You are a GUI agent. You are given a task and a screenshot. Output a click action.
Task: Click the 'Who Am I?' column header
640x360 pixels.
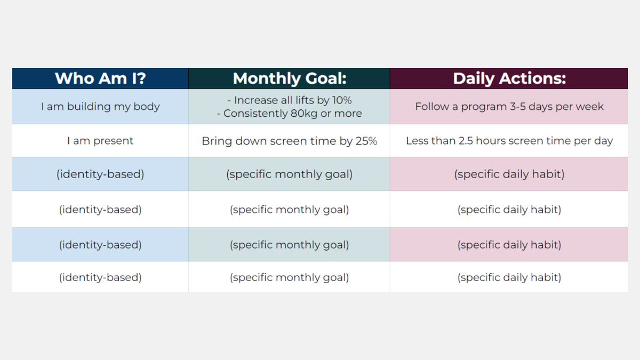click(x=100, y=78)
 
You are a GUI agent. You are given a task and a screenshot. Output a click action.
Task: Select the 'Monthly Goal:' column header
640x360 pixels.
click(x=290, y=78)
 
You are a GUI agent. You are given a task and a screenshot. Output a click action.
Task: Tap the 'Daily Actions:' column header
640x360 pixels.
click(x=509, y=78)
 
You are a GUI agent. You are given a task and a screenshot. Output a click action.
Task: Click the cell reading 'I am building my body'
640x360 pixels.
click(x=100, y=106)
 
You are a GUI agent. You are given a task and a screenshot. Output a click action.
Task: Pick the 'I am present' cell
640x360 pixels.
click(x=100, y=141)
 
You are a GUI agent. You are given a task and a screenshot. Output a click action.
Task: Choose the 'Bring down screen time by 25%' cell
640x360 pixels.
click(x=290, y=141)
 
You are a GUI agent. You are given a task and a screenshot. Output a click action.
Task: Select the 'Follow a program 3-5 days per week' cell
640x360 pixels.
click(x=509, y=106)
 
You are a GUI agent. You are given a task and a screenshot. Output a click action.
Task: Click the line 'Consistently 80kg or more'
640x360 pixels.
click(x=293, y=113)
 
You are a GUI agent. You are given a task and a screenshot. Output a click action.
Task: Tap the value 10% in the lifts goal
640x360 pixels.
click(x=342, y=100)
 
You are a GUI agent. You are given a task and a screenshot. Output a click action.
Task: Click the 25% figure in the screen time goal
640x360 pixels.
click(x=367, y=141)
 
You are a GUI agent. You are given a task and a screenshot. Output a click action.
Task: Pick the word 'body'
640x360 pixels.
click(x=148, y=107)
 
